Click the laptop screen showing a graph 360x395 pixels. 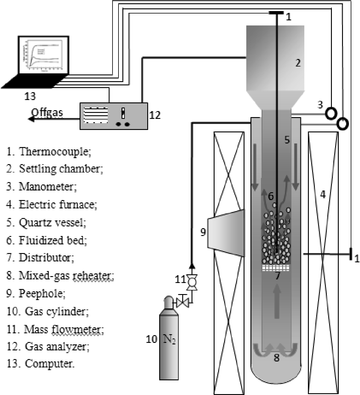44,55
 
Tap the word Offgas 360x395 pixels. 47,112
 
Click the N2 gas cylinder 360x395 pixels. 169,341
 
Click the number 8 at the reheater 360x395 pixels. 277,358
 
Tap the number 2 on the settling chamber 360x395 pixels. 298,63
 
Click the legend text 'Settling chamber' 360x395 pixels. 61,169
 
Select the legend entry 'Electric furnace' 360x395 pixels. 57,205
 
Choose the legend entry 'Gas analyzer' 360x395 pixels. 57,346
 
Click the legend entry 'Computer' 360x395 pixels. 49,364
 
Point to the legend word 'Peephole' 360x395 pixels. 42,293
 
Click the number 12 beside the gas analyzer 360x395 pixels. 155,115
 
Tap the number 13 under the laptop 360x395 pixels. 30,96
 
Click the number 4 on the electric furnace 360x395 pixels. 323,195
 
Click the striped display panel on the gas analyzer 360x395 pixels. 96,116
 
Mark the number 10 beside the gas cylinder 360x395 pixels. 151,339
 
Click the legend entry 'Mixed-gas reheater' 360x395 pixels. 66,276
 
